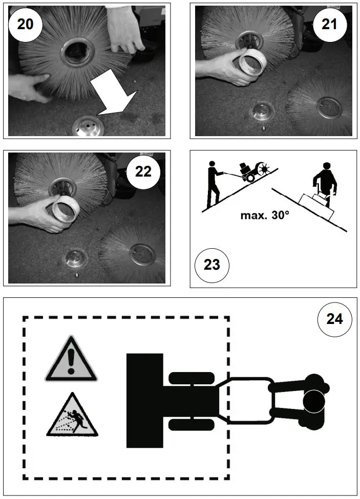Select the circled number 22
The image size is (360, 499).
[143, 172]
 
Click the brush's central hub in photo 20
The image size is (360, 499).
[75, 52]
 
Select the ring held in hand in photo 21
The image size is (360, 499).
[251, 61]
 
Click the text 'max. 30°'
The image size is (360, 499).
[265, 214]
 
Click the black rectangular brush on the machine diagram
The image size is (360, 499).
[144, 400]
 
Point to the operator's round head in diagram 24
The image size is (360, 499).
[313, 401]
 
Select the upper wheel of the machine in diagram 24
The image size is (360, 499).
[190, 378]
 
